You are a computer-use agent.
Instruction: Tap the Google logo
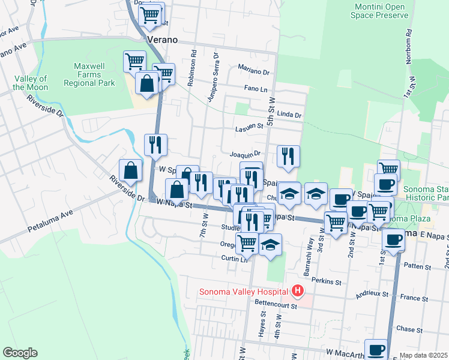20,353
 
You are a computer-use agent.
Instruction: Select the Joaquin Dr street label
245,154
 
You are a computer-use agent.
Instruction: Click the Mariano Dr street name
254,71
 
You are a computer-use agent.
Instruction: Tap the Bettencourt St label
276,306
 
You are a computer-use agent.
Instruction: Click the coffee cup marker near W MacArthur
377,349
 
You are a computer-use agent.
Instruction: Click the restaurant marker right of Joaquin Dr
288,157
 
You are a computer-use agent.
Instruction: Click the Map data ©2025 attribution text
423,355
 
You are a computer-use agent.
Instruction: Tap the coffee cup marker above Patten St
394,239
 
